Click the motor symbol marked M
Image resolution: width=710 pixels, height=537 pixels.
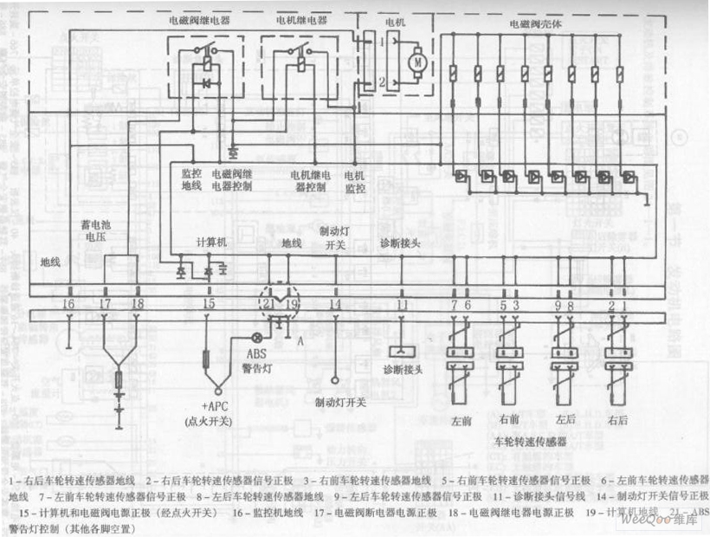416,61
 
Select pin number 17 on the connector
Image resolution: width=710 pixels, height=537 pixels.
105,303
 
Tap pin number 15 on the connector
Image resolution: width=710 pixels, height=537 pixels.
208,303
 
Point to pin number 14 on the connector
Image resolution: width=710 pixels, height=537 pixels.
335,303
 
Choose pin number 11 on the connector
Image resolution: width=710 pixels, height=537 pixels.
401,303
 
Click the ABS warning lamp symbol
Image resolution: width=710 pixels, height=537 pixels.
256,338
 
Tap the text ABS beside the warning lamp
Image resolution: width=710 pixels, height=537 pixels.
257,353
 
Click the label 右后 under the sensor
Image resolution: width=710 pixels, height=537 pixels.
617,420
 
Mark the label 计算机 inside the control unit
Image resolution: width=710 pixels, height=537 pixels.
211,243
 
